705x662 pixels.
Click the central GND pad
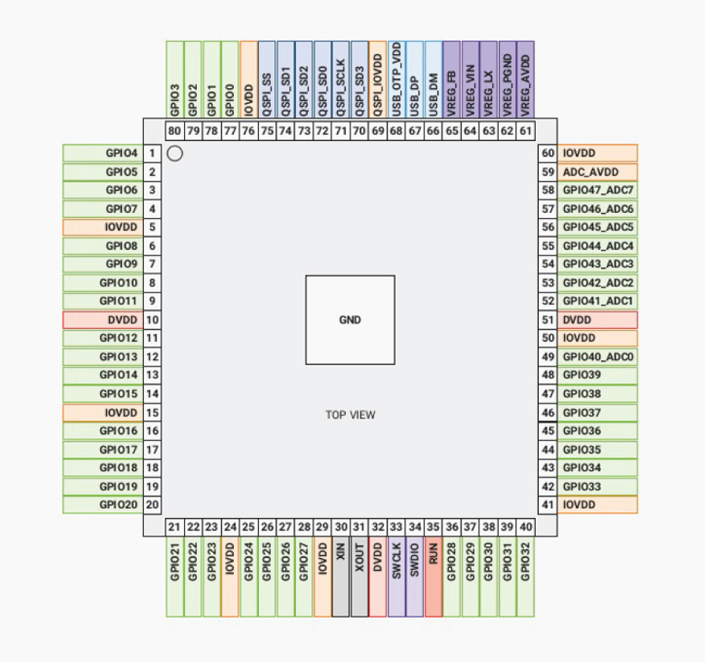[350, 320]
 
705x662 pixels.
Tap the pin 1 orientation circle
[175, 154]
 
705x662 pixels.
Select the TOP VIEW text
[350, 415]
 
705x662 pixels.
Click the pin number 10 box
[152, 320]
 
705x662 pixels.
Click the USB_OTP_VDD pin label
[396, 79]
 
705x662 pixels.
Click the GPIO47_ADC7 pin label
[597, 190]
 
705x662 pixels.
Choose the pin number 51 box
[548, 320]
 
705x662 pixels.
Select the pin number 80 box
[174, 131]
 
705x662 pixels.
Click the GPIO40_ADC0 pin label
[597, 357]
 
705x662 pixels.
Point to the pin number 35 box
[433, 527]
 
